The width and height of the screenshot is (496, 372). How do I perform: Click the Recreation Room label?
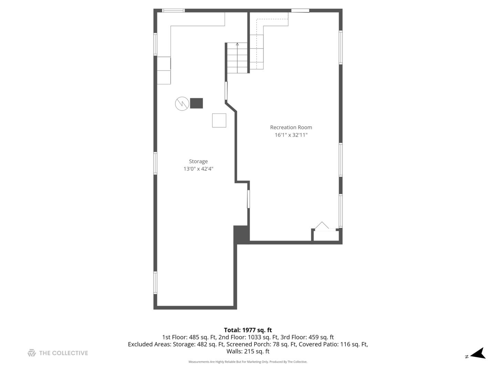click(291, 127)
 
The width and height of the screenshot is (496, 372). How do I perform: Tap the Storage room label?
click(198, 162)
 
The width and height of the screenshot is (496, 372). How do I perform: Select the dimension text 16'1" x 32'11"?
click(291, 135)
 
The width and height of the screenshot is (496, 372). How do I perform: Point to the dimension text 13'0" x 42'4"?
click(198, 169)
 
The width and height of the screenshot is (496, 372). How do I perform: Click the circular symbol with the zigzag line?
click(182, 104)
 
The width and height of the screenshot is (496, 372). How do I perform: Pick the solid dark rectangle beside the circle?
click(196, 103)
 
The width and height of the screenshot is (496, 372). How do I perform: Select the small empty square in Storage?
click(219, 121)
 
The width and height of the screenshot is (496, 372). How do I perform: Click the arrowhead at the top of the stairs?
click(237, 44)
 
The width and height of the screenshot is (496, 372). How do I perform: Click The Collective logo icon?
click(32, 353)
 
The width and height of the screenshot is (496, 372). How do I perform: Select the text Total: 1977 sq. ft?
click(248, 330)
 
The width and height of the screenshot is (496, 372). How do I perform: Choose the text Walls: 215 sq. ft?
click(248, 351)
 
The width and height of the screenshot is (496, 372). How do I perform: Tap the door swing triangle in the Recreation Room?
click(322, 225)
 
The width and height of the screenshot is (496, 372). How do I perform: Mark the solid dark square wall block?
click(241, 234)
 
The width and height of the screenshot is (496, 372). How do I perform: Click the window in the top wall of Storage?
click(173, 10)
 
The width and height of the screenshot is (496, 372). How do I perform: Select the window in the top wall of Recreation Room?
click(300, 10)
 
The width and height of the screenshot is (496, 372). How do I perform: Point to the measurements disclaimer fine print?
click(248, 362)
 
